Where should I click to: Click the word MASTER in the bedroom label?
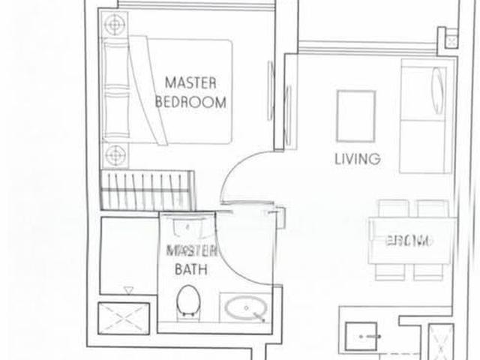pyautogui.click(x=190, y=82)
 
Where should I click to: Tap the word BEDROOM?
pyautogui.click(x=190, y=103)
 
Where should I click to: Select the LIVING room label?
pyautogui.click(x=357, y=159)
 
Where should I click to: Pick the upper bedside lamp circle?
pyautogui.click(x=113, y=25)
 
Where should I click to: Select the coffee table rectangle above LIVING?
pyautogui.click(x=355, y=115)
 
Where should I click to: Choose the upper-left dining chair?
pyautogui.click(x=391, y=208)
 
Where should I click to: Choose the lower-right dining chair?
pyautogui.click(x=430, y=271)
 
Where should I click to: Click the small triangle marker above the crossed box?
pyautogui.click(x=128, y=289)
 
